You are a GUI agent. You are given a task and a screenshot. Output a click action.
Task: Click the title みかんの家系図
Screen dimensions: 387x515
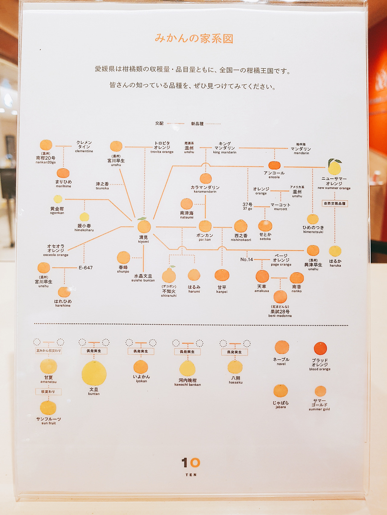pos(194,39)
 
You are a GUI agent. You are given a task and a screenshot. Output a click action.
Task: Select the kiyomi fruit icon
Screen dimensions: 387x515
pos(144,226)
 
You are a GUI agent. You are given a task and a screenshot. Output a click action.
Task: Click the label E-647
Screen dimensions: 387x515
pos(86,268)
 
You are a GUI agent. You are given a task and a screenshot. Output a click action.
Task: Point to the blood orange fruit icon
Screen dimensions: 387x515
pos(320,349)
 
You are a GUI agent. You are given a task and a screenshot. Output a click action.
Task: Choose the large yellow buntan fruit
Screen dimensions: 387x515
pos(94,373)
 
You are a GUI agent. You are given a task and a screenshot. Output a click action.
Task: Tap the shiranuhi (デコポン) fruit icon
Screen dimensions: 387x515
pos(169,275)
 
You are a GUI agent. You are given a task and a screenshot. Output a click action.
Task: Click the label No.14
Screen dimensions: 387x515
pos(246,259)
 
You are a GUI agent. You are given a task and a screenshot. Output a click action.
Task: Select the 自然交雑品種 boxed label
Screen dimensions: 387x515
pos(335,203)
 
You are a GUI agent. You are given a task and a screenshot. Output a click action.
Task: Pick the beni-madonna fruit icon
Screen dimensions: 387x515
pos(280,297)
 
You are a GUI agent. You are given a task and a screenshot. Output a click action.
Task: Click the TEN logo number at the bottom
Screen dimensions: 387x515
pos(191,462)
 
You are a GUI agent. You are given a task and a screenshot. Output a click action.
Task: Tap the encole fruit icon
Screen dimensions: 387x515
pos(274,165)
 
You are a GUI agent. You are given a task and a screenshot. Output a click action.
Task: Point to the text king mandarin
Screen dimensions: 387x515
pos(225,152)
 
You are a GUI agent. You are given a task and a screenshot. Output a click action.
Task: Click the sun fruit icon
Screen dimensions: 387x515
pos(48,408)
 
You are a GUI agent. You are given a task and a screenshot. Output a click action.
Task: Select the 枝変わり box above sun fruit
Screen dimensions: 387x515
pos(48,392)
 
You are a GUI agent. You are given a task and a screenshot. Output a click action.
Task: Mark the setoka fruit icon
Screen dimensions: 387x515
pos(265,226)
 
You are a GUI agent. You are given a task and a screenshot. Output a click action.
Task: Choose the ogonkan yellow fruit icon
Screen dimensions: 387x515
pos(58,199)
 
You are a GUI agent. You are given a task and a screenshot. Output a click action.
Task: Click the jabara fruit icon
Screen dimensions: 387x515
pos(281,391)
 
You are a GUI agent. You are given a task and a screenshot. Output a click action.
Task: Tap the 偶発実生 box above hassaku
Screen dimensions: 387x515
pos(234,352)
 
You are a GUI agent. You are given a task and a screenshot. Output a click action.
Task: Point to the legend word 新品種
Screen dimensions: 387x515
pos(197,123)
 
